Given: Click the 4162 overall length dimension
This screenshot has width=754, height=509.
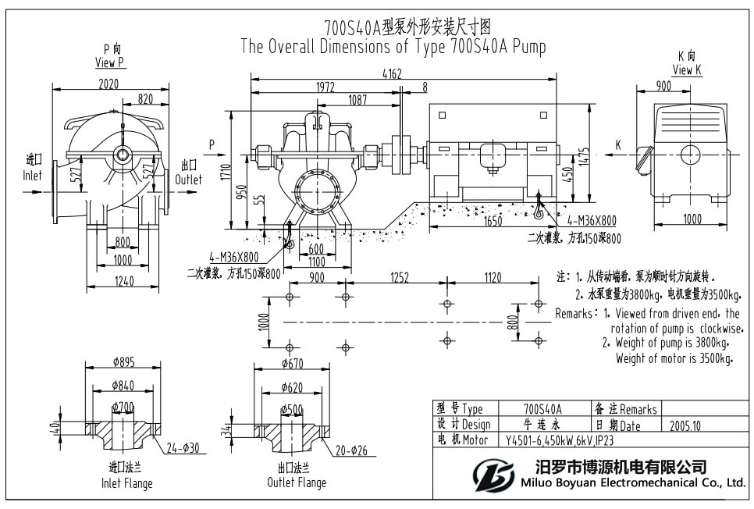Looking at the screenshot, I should click(x=393, y=74).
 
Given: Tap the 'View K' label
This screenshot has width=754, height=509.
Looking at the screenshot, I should click(x=686, y=70).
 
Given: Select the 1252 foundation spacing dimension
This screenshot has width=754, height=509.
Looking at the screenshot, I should click(x=399, y=276).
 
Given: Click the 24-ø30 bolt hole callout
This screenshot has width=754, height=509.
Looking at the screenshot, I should click(x=187, y=448).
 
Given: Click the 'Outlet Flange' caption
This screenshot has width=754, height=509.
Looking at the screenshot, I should click(x=296, y=482).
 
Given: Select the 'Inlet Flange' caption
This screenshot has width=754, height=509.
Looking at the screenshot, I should click(x=127, y=482).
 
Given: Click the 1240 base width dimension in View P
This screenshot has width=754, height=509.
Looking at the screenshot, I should click(x=119, y=281).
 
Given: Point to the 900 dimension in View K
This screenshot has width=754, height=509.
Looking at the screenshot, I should click(x=663, y=87).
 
